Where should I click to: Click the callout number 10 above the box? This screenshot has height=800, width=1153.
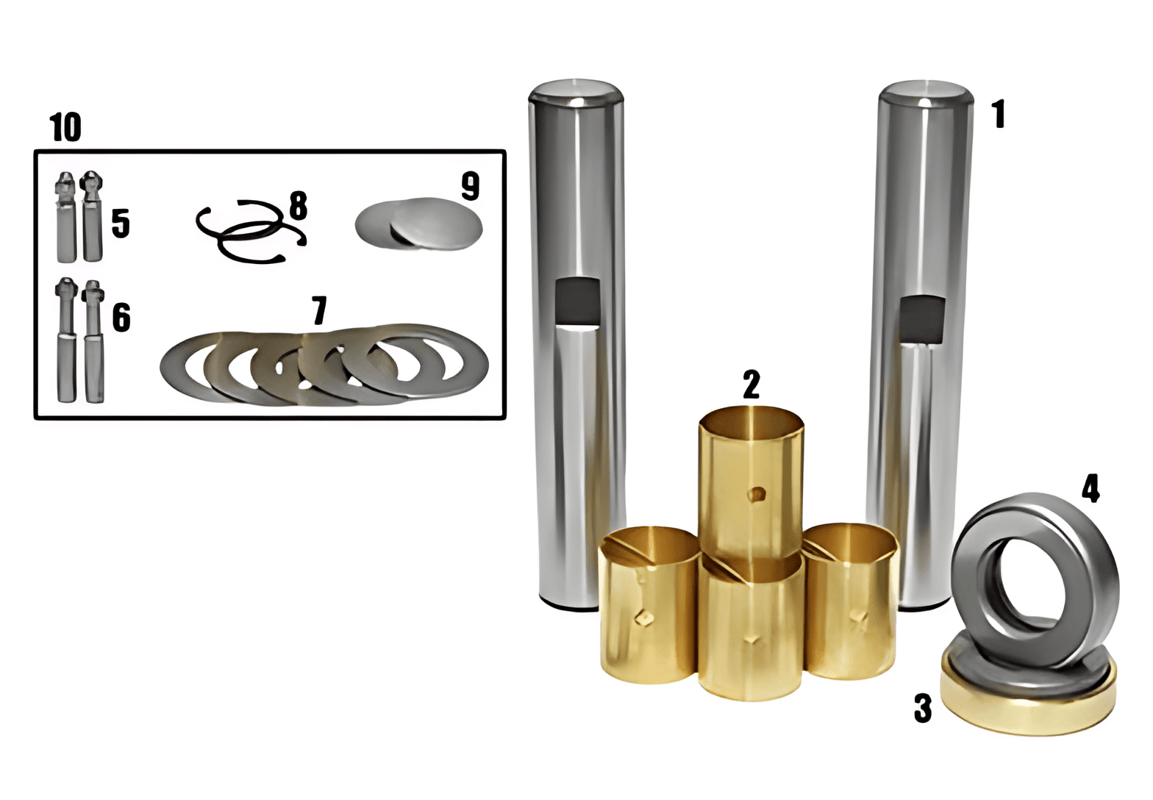[65, 126]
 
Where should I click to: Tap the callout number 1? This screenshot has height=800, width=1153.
[999, 114]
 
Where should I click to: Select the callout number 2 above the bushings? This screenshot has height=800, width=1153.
[751, 384]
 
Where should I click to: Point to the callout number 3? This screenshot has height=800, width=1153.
[923, 708]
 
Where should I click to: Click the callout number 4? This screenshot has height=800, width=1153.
[1090, 488]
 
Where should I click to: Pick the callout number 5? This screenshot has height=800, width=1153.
[121, 224]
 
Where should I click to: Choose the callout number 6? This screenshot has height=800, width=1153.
[121, 317]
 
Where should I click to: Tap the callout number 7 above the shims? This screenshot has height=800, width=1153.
[319, 310]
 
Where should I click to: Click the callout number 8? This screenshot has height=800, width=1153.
[298, 205]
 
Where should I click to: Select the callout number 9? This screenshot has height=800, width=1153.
[471, 186]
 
